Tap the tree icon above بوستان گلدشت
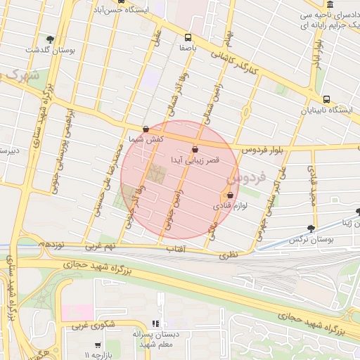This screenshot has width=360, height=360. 49,39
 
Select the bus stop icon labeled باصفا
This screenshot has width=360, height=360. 187,37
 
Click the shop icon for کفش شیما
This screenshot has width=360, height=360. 146,129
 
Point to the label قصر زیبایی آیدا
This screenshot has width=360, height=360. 196,160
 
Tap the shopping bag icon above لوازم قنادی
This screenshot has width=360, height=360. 230,195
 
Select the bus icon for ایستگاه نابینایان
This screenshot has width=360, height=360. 326,99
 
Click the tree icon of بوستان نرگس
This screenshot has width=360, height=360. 311,229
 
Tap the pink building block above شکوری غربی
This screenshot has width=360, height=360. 82,310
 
